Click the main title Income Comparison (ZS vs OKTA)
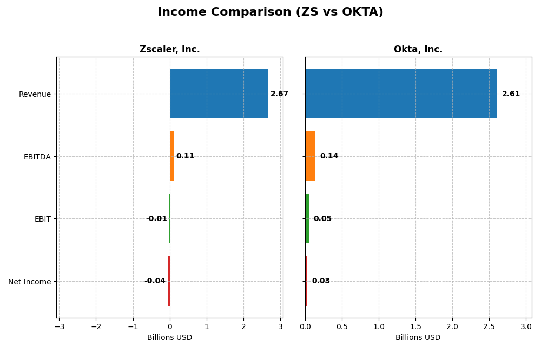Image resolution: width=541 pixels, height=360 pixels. pyautogui.click(x=270, y=12)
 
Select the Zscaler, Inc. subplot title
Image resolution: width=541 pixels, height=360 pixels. pyautogui.click(x=169, y=49)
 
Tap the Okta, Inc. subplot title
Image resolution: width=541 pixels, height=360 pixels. pyautogui.click(x=418, y=49)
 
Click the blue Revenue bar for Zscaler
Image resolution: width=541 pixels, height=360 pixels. pyautogui.click(x=219, y=94)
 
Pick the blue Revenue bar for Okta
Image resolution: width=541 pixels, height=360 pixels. pyautogui.click(x=401, y=94)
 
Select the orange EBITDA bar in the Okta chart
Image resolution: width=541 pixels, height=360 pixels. pyautogui.click(x=310, y=156)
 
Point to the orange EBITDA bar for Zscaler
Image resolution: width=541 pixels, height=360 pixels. pyautogui.click(x=171, y=156)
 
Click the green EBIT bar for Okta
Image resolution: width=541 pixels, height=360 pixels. pyautogui.click(x=307, y=218)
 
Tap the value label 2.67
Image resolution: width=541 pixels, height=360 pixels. pyautogui.click(x=279, y=94)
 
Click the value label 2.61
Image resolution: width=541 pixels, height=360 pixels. pyautogui.click(x=511, y=94)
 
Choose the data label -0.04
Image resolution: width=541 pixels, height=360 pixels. pyautogui.click(x=155, y=281)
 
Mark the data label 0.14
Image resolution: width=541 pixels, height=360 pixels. pyautogui.click(x=329, y=156)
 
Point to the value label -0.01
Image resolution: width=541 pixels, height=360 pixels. pyautogui.click(x=156, y=219)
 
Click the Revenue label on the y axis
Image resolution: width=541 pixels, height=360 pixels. pyautogui.click(x=35, y=94)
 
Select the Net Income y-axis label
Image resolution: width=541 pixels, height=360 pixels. pyautogui.click(x=30, y=282)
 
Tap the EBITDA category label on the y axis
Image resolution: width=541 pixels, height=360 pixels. pyautogui.click(x=37, y=157)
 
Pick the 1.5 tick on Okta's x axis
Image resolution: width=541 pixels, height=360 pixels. pyautogui.click(x=415, y=326)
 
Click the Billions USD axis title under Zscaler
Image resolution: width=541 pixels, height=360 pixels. pyautogui.click(x=169, y=338)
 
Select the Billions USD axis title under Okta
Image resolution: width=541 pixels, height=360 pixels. pyautogui.click(x=418, y=338)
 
